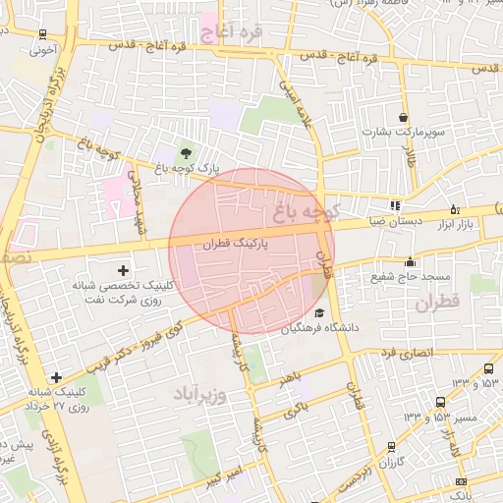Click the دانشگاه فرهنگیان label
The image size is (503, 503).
pos(322,327)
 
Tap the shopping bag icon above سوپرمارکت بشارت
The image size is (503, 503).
pos(403,116)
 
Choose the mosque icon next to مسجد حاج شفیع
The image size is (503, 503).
pos(410,261)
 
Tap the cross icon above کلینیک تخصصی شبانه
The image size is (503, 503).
pos(123,269)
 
